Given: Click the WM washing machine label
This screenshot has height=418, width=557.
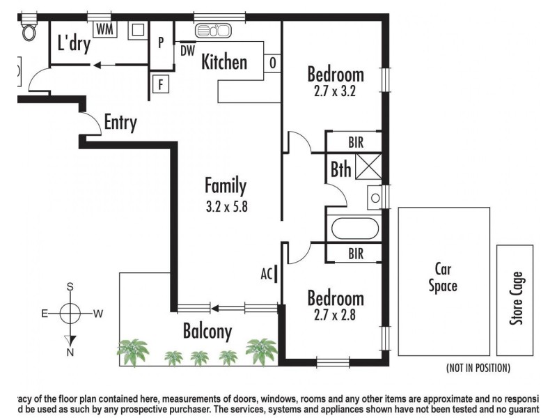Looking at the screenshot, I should point(104,29).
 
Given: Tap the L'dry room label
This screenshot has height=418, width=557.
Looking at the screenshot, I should point(74,43).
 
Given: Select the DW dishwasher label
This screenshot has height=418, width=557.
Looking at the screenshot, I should point(187,50).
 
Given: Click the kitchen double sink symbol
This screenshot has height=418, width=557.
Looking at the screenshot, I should point(213,30).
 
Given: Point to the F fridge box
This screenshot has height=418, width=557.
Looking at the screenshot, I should point(161,84).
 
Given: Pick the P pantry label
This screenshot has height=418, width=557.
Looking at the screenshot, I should point(161,42).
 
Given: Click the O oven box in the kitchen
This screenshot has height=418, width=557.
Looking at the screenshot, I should point(273,63).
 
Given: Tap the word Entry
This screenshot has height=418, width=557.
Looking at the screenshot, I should point(120,123).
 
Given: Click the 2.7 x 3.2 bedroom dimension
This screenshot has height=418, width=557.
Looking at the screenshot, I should point(335,90).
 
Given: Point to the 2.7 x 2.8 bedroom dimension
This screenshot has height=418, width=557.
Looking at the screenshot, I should point(335,314).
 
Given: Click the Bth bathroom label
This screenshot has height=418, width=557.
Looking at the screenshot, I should point(340,169).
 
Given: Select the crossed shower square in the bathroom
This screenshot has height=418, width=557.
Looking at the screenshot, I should point(366,168).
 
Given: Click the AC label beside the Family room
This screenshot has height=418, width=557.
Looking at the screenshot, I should point(265,273).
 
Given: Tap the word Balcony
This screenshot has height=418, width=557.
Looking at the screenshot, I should point(207,332).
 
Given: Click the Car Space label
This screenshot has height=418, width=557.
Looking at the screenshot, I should point(442,277).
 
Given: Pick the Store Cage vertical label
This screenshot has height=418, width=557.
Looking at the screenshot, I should point(515,298).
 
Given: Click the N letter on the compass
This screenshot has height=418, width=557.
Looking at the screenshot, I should point(70,353).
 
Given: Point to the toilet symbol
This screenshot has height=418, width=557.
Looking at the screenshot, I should point(30,30).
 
